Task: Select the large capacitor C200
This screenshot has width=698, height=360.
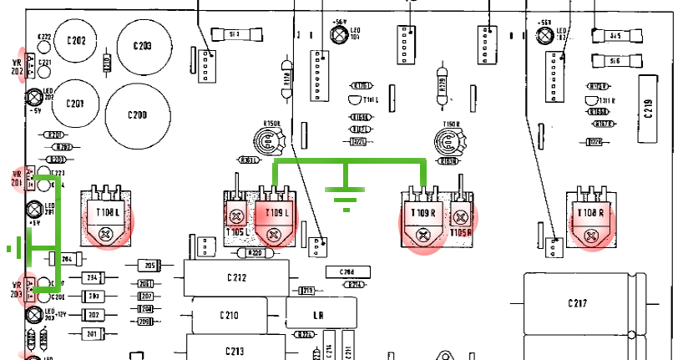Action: coord(136,113)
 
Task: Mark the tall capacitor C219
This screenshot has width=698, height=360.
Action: coord(650,106)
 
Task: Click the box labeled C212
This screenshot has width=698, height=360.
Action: coord(237,276)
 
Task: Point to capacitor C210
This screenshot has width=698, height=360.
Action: coord(231,315)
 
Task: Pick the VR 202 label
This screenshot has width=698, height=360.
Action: coord(16,67)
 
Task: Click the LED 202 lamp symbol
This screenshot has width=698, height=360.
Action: coord(35,97)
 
